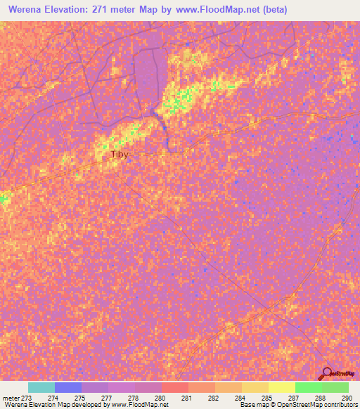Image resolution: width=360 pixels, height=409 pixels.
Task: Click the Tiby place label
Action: click(120, 155)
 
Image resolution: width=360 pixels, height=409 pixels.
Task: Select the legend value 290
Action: click(345, 398)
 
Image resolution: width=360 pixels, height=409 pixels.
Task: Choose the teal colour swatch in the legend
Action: click(41, 387)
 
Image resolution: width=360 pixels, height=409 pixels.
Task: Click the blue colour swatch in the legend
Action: click(67, 387)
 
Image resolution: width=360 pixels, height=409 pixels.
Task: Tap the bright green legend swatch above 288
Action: click(308, 387)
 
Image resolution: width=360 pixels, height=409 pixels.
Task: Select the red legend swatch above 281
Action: click(175, 387)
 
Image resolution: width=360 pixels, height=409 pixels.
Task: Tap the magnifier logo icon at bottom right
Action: click(327, 373)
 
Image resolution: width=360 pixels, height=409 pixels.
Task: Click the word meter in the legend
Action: click(12, 398)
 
